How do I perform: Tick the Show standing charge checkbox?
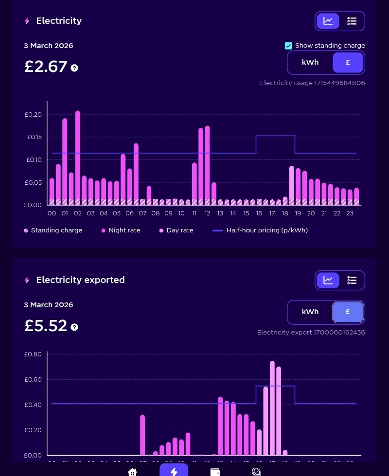click(288, 46)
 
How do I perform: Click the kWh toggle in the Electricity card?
click(310, 63)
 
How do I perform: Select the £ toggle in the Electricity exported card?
click(348, 312)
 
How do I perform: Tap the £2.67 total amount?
click(46, 67)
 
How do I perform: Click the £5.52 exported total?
click(46, 326)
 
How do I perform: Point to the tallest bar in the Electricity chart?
click(78, 156)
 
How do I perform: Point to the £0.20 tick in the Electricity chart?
click(34, 115)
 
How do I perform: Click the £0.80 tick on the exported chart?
click(34, 354)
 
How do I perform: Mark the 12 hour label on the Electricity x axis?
click(207, 213)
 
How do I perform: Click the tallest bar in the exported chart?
click(272, 408)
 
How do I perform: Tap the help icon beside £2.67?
click(74, 68)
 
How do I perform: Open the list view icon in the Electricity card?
click(352, 21)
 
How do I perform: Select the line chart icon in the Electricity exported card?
click(328, 280)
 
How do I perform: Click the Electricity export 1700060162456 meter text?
click(311, 333)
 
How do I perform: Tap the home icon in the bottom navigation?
click(132, 472)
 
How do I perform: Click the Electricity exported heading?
click(80, 280)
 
